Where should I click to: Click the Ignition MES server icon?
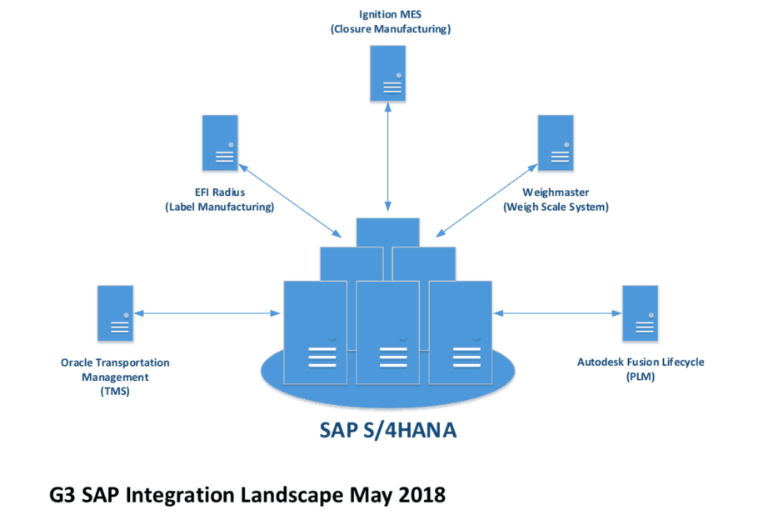pos(388,74)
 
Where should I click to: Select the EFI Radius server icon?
pos(220,144)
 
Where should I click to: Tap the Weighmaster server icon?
pos(555,144)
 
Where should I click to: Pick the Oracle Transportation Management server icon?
pos(115,313)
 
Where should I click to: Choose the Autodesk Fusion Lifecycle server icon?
pos(640,313)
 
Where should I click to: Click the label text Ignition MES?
pos(389,15)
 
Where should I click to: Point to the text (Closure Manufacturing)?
pos(389,29)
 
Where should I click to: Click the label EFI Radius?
pos(220,192)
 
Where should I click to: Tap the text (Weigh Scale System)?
pos(556,207)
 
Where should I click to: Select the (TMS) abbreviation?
pos(115,390)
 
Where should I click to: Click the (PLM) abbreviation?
pos(640,377)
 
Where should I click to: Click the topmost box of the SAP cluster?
pos(387,232)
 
